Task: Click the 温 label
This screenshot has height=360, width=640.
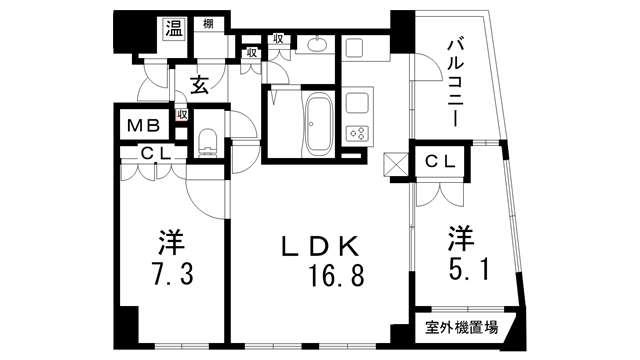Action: pos(172,27)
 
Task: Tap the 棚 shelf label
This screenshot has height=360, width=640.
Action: pos(207,22)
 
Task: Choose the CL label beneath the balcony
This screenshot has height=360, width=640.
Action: pos(441,161)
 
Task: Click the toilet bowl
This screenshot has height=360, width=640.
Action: pos(208,141)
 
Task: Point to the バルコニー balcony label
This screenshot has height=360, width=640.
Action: pos(453,81)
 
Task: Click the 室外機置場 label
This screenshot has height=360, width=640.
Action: pos(462,326)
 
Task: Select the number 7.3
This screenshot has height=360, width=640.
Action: pos(172,274)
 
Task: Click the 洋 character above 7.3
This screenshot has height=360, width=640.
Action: pos(172,243)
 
